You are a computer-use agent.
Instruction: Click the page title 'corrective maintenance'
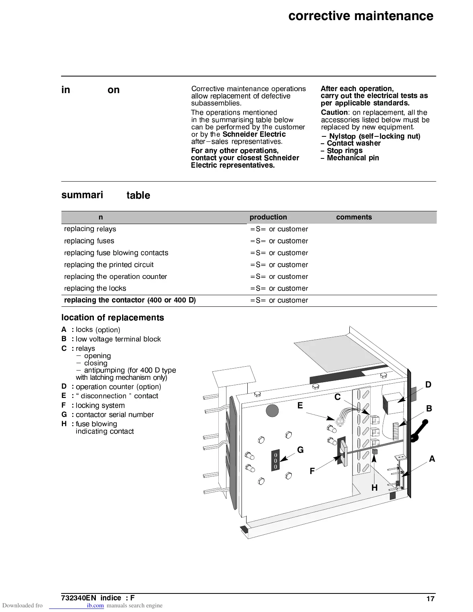pos(361,16)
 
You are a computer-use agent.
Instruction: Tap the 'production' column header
pos(268,217)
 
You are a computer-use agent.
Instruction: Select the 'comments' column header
pos(354,217)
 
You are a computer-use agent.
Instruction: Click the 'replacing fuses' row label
pos(89,241)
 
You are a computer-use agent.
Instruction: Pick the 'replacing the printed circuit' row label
pos(109,265)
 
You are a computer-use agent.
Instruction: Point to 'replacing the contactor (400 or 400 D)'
pos(129,300)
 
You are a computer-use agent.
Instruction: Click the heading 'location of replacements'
pos(112,318)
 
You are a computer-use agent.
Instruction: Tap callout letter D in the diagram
pos(428,384)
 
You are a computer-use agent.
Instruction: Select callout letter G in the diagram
pos(300,450)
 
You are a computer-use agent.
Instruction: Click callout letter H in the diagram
pos(374,488)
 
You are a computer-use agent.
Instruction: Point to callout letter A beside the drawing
pos(432,459)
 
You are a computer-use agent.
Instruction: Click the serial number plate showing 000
pos(276,461)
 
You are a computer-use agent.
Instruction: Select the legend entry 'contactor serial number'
pos(114,415)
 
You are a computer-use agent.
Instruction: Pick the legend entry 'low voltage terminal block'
pos(118,339)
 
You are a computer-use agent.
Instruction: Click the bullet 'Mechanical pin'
pos(352,158)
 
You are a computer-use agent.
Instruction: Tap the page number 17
pos(430,599)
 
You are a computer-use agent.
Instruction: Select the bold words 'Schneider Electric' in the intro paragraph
pos(254,134)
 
